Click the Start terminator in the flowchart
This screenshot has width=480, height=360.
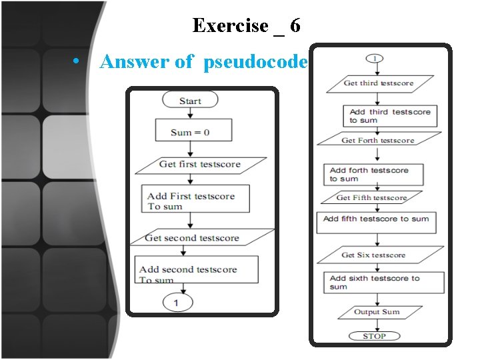[190, 101]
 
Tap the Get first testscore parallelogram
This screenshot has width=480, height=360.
[200, 164]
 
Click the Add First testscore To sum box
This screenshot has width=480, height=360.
[197, 200]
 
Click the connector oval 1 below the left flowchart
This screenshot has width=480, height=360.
[176, 303]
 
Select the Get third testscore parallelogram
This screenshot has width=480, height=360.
[379, 83]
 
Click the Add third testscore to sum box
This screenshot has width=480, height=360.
[390, 115]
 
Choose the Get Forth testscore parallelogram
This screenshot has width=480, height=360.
[378, 140]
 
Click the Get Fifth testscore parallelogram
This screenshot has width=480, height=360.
[371, 198]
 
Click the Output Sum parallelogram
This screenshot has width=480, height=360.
[377, 312]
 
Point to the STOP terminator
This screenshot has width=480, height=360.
[374, 336]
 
